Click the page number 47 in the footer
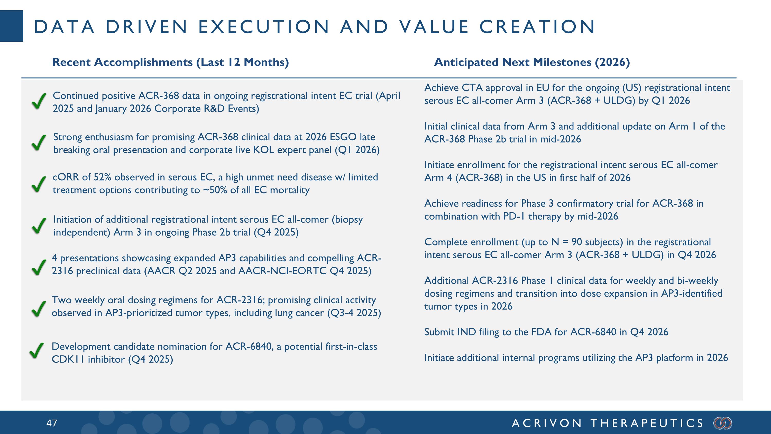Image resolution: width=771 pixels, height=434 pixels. [x=51, y=423]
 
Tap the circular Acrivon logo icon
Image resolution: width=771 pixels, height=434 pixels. [x=723, y=423]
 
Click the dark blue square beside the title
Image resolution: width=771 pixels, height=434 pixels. [x=11, y=26]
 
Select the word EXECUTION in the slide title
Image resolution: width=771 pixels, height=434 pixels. [x=264, y=27]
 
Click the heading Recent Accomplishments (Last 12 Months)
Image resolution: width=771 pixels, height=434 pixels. [x=170, y=62]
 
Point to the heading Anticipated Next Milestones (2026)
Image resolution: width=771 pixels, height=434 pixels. [x=532, y=62]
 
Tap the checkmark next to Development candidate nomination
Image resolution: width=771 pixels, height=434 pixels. [x=37, y=351]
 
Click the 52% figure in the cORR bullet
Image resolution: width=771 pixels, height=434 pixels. [x=102, y=177]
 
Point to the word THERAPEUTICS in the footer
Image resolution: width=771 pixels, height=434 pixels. [x=647, y=423]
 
